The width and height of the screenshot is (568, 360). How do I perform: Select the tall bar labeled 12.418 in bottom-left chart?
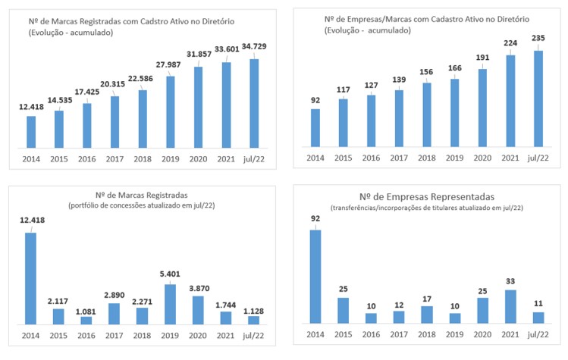(31, 277)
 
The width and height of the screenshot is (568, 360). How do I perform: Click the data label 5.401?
(170, 274)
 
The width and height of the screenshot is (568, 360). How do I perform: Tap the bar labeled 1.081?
(86, 320)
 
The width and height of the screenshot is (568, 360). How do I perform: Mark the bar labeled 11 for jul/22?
(538, 318)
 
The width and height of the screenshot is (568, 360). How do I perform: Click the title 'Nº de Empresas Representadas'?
(429, 195)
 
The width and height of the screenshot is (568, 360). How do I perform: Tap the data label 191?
(483, 58)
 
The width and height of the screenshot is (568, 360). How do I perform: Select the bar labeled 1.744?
(225, 318)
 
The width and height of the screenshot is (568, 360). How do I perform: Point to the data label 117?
(343, 89)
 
